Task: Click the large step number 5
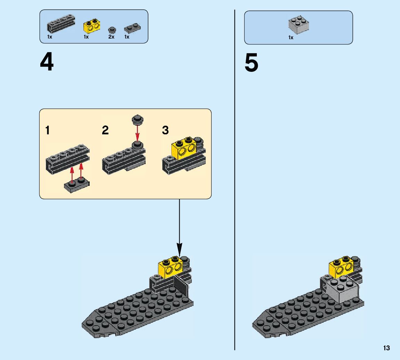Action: coord(251,64)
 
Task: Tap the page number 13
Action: coord(386,348)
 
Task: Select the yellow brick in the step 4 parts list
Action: coord(91,26)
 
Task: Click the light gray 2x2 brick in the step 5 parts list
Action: coord(299,24)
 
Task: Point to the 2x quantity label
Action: coord(111,37)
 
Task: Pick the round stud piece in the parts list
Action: coord(112,29)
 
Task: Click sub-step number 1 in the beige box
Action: coord(48,131)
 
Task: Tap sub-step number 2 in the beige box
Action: coord(105,131)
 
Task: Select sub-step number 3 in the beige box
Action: coord(165,131)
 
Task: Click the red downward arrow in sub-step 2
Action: coord(137,133)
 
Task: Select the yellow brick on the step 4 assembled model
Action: coord(170,267)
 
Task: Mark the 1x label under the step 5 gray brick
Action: coord(291,37)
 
